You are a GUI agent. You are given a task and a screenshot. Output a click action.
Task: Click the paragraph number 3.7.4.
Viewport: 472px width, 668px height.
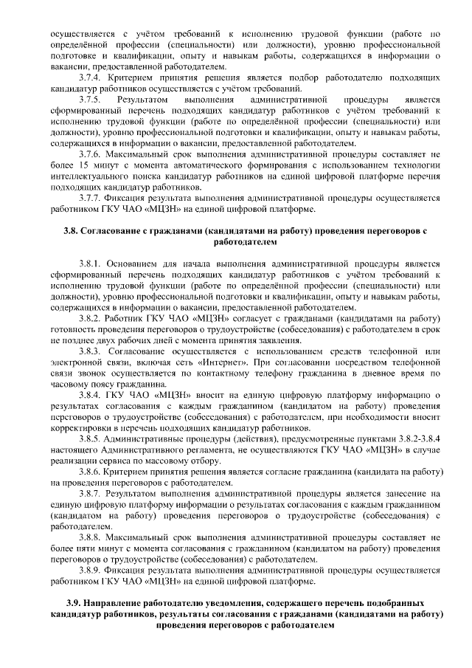click(x=89, y=76)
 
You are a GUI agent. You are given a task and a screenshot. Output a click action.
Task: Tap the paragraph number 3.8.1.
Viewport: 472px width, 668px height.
click(x=89, y=263)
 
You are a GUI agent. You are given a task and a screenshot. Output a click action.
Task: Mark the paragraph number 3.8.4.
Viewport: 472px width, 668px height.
click(x=89, y=396)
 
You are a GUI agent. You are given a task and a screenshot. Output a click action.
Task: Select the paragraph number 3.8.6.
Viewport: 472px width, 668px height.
click(x=89, y=472)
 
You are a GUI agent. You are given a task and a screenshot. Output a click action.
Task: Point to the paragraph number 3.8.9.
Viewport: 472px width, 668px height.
click(x=89, y=571)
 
